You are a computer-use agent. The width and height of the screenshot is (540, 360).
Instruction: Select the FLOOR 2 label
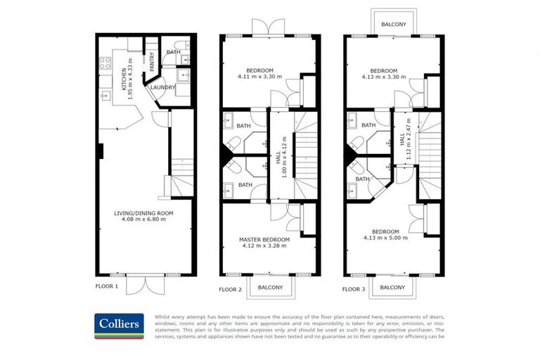pos(230,289)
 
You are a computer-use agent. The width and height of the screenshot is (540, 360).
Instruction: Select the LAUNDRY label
pos(162,87)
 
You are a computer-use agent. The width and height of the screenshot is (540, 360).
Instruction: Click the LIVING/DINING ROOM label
pos(144,213)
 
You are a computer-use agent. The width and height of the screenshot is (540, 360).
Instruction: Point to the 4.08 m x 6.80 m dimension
pos(144,219)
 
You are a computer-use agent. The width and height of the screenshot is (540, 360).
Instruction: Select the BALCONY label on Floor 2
pos(270,287)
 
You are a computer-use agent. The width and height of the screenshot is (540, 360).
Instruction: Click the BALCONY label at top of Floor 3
pos(393,24)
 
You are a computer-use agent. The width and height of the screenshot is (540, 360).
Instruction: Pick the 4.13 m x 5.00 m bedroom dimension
pos(385,238)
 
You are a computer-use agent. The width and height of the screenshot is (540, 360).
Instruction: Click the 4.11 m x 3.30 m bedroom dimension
pos(259,77)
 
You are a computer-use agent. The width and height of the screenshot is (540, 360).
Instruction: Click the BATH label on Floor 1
pos(174,52)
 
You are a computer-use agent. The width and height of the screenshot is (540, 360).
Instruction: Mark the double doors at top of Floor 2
pos(269,27)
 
